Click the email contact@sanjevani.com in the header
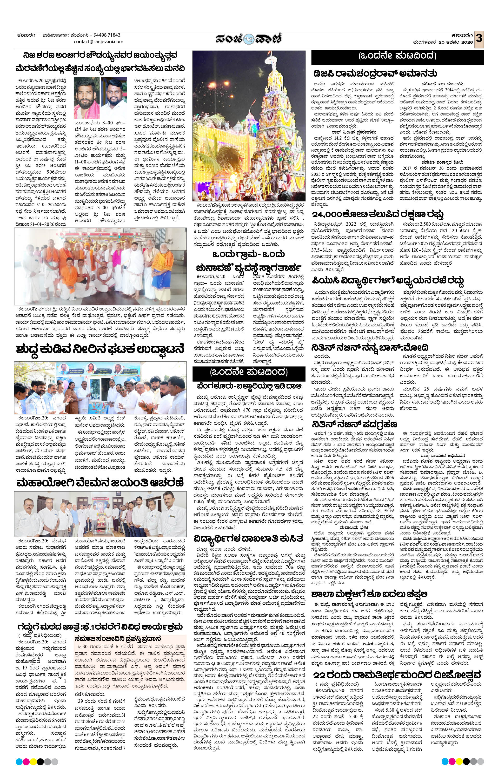[x=99, y=42]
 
